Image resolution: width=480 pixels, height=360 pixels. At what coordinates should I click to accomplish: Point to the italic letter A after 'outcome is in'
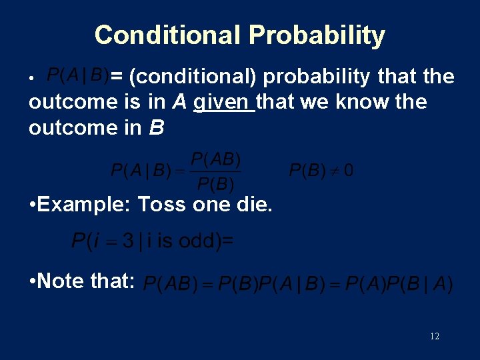[x=179, y=102]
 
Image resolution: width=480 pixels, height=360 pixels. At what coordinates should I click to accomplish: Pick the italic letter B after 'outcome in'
[x=156, y=127]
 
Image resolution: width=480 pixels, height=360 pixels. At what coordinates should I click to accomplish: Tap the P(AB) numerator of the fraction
[x=215, y=160]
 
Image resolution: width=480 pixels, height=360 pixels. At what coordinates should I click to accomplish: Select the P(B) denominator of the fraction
[x=215, y=183]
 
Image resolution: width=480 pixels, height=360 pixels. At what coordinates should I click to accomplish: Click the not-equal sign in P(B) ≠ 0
[x=335, y=171]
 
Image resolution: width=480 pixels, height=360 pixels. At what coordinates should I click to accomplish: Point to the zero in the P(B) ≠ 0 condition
[x=349, y=171]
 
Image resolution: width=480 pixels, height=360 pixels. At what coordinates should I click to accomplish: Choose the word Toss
[x=163, y=204]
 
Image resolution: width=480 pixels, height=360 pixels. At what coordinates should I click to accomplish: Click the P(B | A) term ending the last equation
[x=419, y=285]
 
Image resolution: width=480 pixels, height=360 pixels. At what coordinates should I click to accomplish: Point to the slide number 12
[x=435, y=337]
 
